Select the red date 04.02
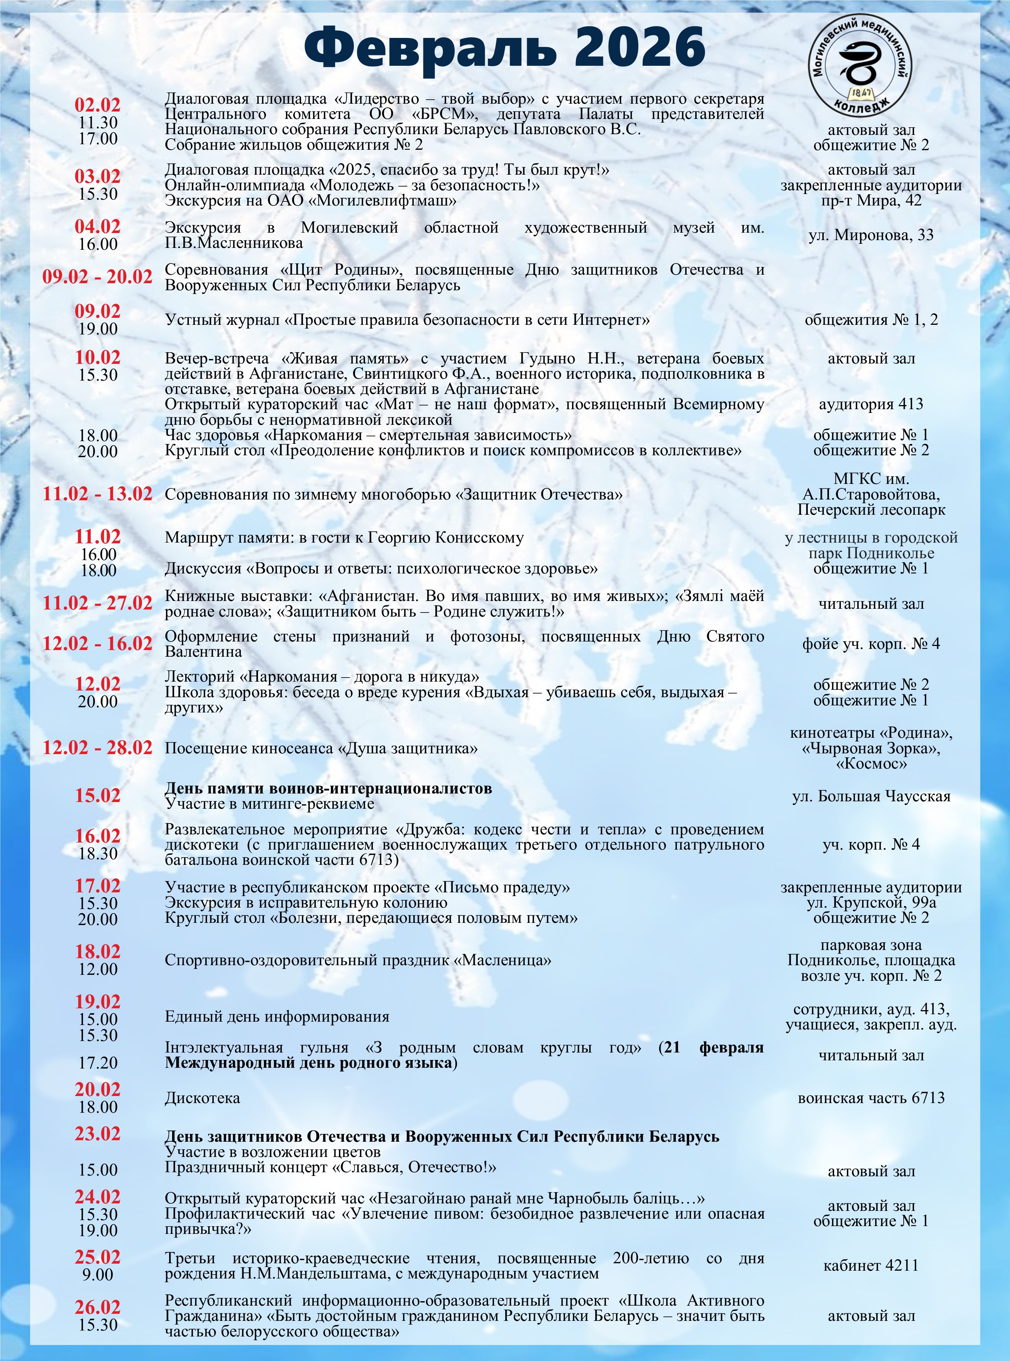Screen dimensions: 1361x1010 click(x=98, y=227)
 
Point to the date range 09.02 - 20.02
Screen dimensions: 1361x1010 click(x=97, y=277)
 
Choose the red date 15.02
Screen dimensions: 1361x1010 click(x=98, y=796)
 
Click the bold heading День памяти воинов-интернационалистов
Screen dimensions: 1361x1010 click(x=328, y=788)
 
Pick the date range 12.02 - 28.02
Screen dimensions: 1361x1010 click(x=97, y=748)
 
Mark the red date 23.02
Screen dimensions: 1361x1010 click(x=98, y=1134)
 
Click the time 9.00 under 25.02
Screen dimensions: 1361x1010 click(x=98, y=1275)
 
